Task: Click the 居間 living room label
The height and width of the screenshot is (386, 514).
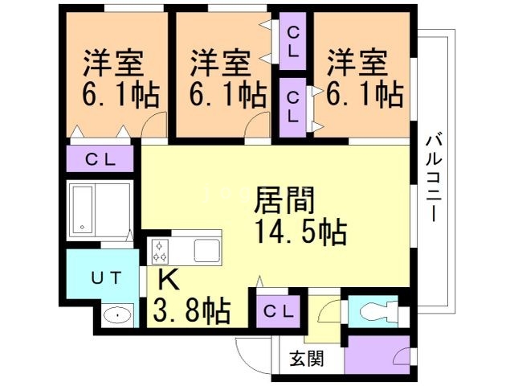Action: pos(284,200)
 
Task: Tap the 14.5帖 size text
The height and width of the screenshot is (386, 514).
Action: pos(300,232)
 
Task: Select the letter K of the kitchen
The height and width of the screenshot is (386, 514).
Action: pos(169,280)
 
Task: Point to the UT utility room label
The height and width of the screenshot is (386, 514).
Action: pos(106,279)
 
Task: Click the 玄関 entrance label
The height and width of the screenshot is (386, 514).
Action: pos(307,359)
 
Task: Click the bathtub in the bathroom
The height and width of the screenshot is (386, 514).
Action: pos(83,210)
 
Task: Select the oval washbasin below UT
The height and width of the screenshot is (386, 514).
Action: pos(117,316)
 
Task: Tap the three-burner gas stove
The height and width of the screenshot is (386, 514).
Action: pos(160,252)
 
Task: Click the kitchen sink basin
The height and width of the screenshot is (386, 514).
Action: pos(207,251)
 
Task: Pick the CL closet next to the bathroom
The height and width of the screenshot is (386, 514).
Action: pos(100,159)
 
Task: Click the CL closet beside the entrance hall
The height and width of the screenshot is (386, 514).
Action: pos(279,311)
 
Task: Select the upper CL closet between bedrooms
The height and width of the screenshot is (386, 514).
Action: pos(292,41)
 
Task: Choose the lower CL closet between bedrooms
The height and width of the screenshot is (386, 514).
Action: pos(292,107)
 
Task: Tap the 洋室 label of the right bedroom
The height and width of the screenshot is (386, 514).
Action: pos(357,63)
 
